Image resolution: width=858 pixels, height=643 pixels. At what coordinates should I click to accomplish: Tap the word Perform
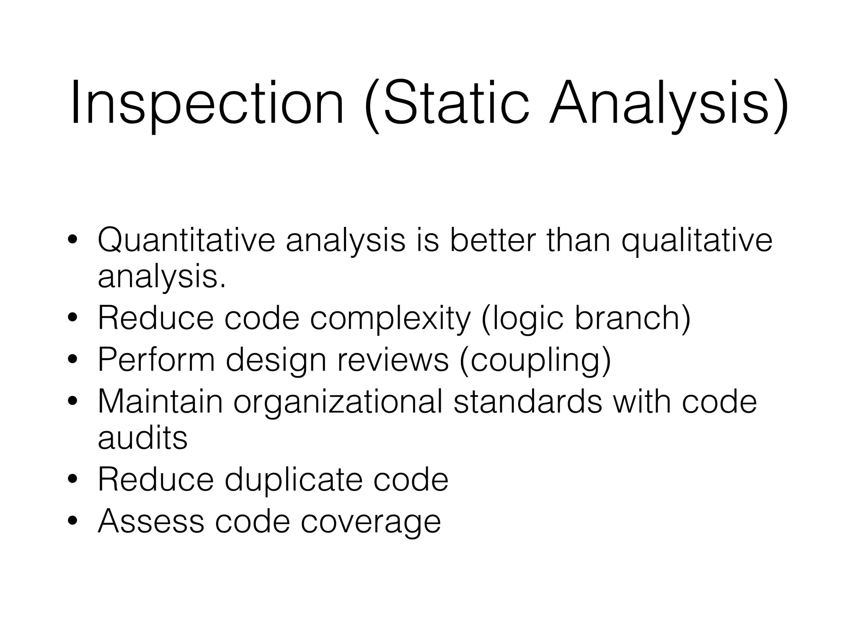click(x=156, y=360)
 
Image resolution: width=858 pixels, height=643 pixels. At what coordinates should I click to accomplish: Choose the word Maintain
click(x=160, y=401)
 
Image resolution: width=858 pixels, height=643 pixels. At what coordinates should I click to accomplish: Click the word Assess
click(x=151, y=521)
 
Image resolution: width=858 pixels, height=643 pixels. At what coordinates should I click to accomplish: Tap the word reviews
click(x=393, y=360)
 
